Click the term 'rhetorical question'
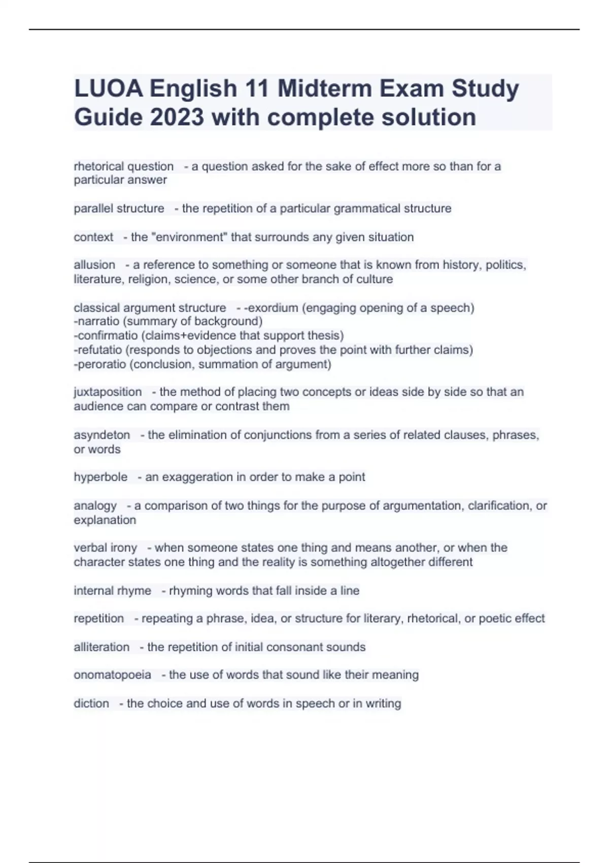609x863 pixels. [124, 167]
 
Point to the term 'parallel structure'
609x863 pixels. [119, 209]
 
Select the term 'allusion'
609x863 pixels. [94, 265]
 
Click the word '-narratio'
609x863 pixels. [96, 321]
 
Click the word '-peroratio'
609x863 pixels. [100, 364]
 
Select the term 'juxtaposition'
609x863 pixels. [108, 392]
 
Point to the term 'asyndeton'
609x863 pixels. [102, 435]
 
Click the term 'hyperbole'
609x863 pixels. [100, 477]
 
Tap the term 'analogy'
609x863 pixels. [95, 506]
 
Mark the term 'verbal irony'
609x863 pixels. [106, 548]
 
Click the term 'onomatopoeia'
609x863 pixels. [112, 675]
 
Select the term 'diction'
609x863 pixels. [91, 704]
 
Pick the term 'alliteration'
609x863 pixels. [101, 647]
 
